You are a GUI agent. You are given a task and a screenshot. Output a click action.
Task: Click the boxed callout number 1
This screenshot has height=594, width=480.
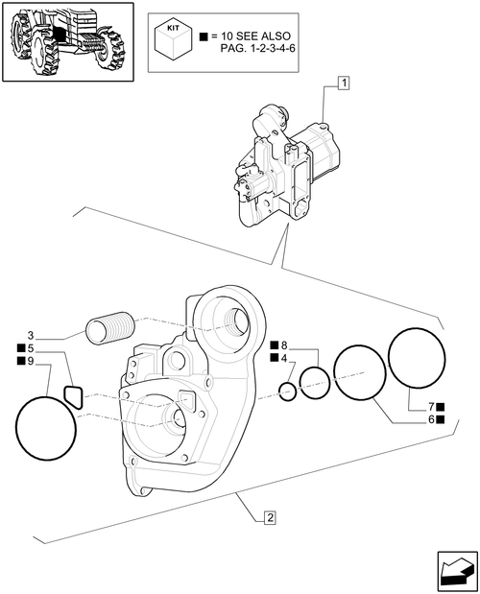pyautogui.click(x=343, y=85)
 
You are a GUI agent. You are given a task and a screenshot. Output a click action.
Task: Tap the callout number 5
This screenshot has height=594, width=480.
pyautogui.click(x=31, y=347)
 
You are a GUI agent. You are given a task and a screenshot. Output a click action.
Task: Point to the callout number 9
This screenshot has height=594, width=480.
pyautogui.click(x=31, y=361)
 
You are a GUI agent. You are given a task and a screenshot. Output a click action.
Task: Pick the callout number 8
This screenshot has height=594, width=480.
pyautogui.click(x=285, y=345)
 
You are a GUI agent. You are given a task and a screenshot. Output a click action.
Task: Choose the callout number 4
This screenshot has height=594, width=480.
pyautogui.click(x=285, y=358)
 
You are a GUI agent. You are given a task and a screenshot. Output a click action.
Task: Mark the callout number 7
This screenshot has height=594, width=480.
pyautogui.click(x=432, y=406)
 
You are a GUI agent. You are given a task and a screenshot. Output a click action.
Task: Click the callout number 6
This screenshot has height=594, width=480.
pyautogui.click(x=432, y=419)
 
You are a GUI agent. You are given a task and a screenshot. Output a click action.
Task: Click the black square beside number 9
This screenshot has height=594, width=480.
pyautogui.click(x=19, y=361)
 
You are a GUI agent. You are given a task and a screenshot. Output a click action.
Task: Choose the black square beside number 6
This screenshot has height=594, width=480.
pyautogui.click(x=443, y=419)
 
